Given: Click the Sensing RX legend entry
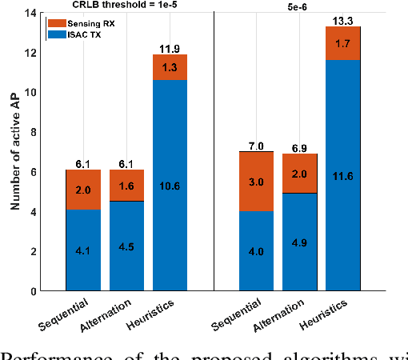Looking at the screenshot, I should click(x=78, y=24).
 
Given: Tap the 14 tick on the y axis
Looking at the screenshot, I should click(x=30, y=13).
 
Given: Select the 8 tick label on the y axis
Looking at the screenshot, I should click(x=32, y=132).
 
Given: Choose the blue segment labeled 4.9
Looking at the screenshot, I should click(x=300, y=242).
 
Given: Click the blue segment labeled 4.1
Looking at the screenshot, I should click(x=83, y=250).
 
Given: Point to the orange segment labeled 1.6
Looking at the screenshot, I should click(x=126, y=186).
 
